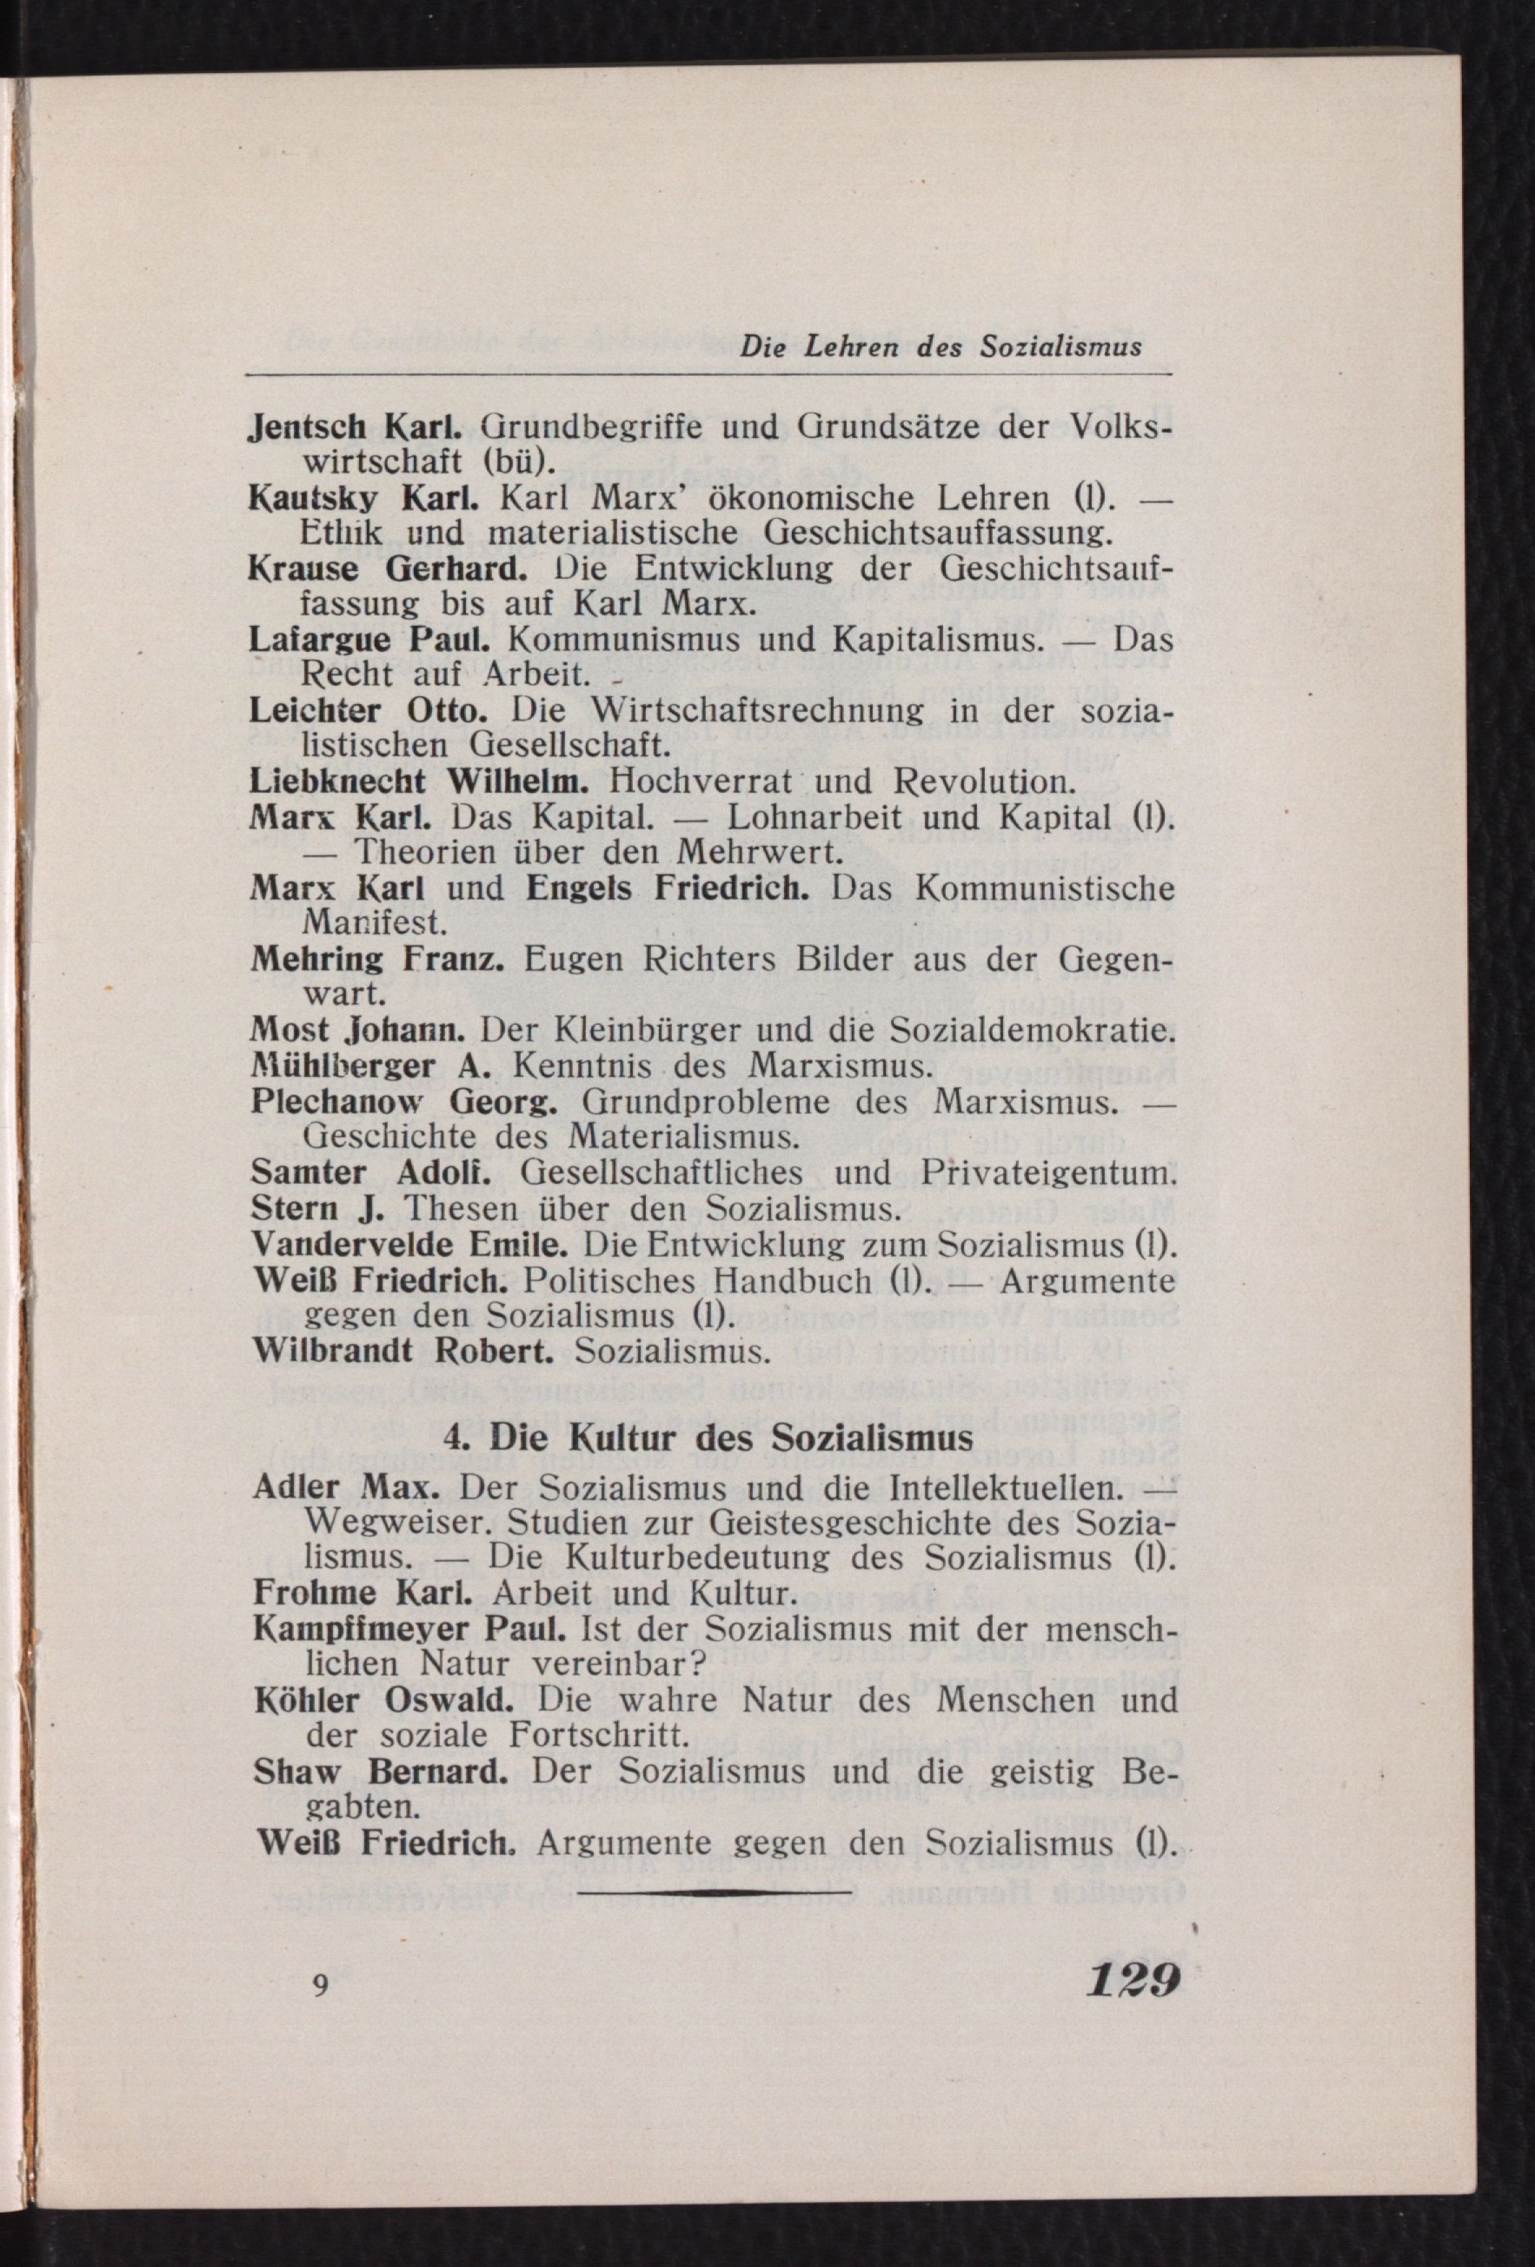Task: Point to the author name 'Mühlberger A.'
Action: pyautogui.click(x=372, y=1065)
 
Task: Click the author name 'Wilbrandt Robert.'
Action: pyautogui.click(x=402, y=1350)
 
